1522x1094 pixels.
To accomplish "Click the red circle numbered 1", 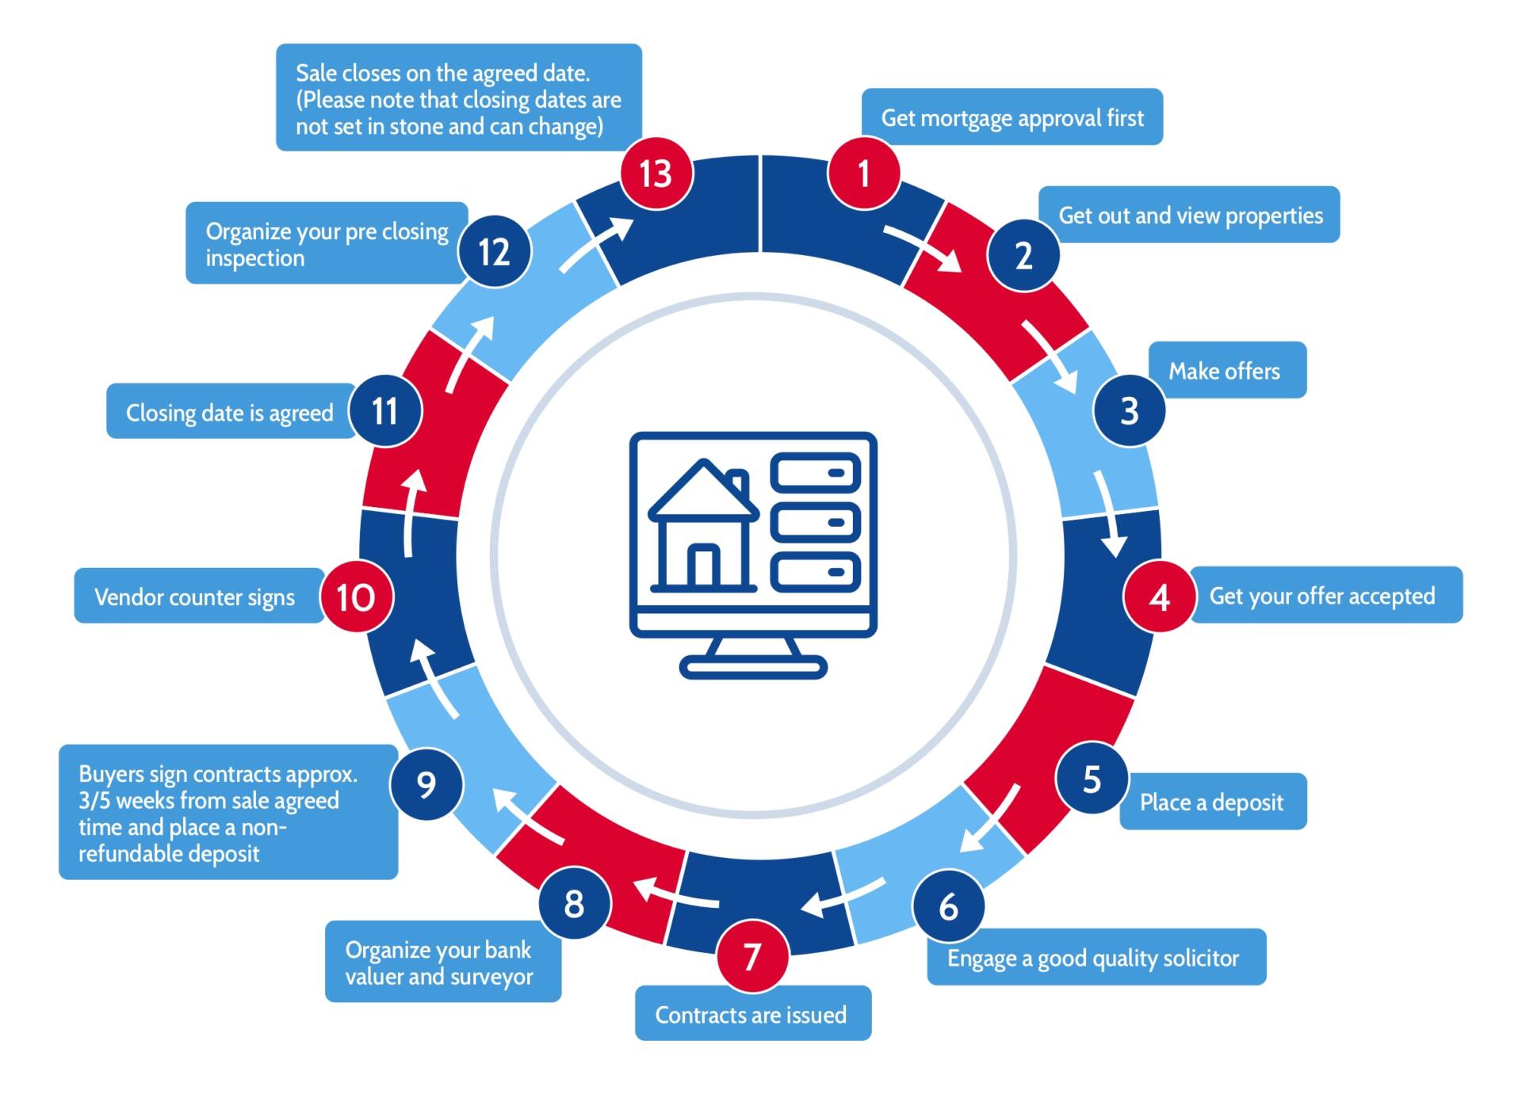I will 863,173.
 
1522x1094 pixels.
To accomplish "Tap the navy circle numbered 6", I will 948,906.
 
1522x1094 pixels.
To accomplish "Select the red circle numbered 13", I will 656,173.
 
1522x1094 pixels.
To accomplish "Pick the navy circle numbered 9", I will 426,784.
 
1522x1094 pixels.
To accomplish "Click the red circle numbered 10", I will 355,597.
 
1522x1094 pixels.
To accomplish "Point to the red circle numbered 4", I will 1159,597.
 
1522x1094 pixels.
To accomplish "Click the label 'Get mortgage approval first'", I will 1011,117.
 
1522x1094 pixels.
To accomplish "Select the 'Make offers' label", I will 1226,370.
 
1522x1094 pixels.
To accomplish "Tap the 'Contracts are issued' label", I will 752,1014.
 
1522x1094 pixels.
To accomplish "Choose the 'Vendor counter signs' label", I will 196,597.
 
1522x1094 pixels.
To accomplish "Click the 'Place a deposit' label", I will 1212,802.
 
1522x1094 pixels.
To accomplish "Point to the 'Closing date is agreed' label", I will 230,412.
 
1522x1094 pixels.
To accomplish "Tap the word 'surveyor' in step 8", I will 491,977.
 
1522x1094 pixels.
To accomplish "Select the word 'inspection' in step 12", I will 255,258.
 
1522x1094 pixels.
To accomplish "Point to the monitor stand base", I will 753,668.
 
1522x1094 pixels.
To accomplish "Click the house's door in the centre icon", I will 702,566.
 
